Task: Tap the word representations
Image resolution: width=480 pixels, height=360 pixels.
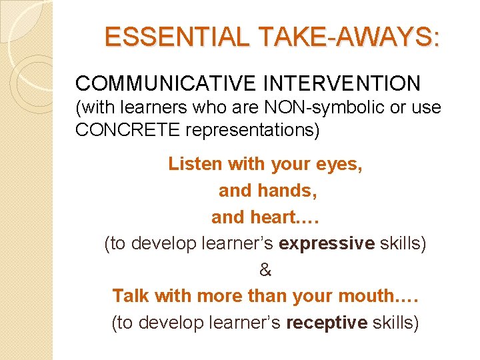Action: tap(251, 130)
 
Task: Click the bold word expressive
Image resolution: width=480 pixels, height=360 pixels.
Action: tap(327, 243)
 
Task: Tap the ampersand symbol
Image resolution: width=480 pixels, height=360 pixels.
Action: tap(265, 270)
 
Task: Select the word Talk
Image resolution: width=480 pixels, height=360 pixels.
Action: tap(130, 295)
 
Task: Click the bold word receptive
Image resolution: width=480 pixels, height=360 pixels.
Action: tap(326, 323)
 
